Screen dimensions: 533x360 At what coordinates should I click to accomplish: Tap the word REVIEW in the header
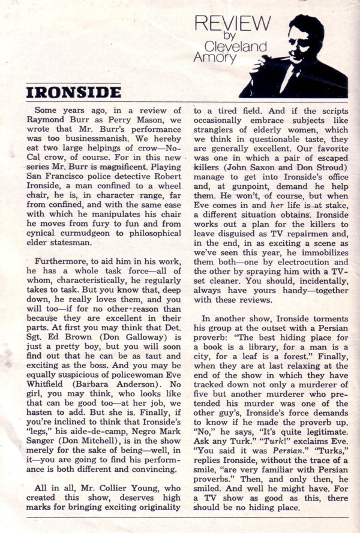coord(233,25)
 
